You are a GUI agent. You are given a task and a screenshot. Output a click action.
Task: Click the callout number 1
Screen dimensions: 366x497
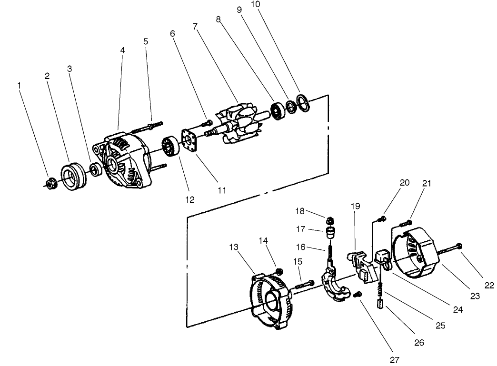click(x=20, y=85)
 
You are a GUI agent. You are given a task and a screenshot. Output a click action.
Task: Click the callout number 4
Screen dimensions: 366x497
click(x=122, y=50)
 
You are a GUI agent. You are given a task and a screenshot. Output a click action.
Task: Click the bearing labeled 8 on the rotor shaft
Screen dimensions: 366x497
click(x=277, y=109)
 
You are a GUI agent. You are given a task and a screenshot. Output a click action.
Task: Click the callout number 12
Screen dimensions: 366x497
click(x=190, y=200)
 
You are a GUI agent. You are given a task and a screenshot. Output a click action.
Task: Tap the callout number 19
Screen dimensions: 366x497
click(x=356, y=206)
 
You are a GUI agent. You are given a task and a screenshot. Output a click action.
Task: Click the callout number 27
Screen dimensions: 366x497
click(x=394, y=360)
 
